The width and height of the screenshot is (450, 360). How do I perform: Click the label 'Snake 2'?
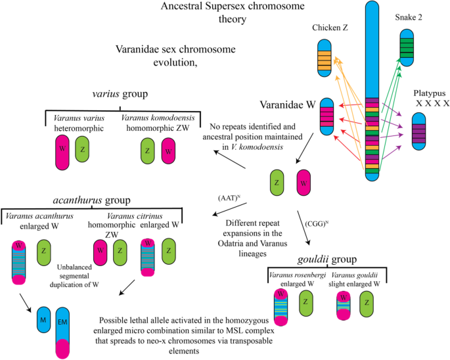[x=411, y=18]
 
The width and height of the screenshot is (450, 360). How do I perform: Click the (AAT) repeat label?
[x=227, y=196]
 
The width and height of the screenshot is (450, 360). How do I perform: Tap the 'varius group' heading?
[x=120, y=94]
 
